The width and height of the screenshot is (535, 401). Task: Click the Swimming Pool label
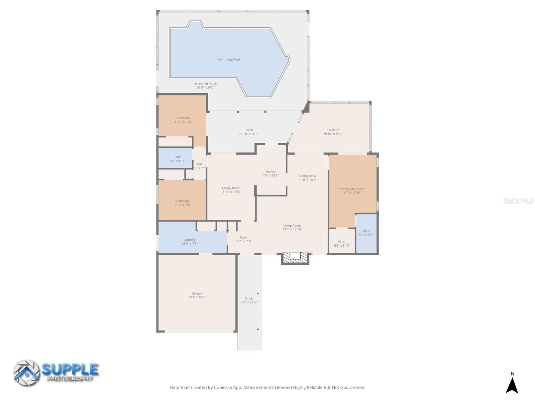[229, 59]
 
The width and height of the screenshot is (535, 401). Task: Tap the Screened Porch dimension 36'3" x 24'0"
[206, 88]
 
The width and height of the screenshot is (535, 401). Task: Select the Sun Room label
[333, 130]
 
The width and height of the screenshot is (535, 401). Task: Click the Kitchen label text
[271, 171]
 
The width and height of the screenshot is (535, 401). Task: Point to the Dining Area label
[307, 176]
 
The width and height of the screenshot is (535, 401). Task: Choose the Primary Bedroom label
[351, 189]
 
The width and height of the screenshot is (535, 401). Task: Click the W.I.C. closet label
[342, 242]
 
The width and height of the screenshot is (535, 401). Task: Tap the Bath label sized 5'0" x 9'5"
[366, 231]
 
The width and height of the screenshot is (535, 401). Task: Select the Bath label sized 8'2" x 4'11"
[178, 157]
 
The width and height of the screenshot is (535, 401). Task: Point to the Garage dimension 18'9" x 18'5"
[197, 297]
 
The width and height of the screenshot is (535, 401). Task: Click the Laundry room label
[189, 240]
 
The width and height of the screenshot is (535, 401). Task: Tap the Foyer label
[243, 237]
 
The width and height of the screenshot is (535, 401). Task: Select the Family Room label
[231, 188]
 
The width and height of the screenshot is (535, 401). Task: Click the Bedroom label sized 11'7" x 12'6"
[183, 118]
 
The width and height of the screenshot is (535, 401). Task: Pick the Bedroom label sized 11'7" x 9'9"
[182, 201]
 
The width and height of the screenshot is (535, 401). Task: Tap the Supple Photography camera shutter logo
[26, 373]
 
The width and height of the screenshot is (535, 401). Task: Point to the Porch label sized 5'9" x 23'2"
[249, 298]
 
